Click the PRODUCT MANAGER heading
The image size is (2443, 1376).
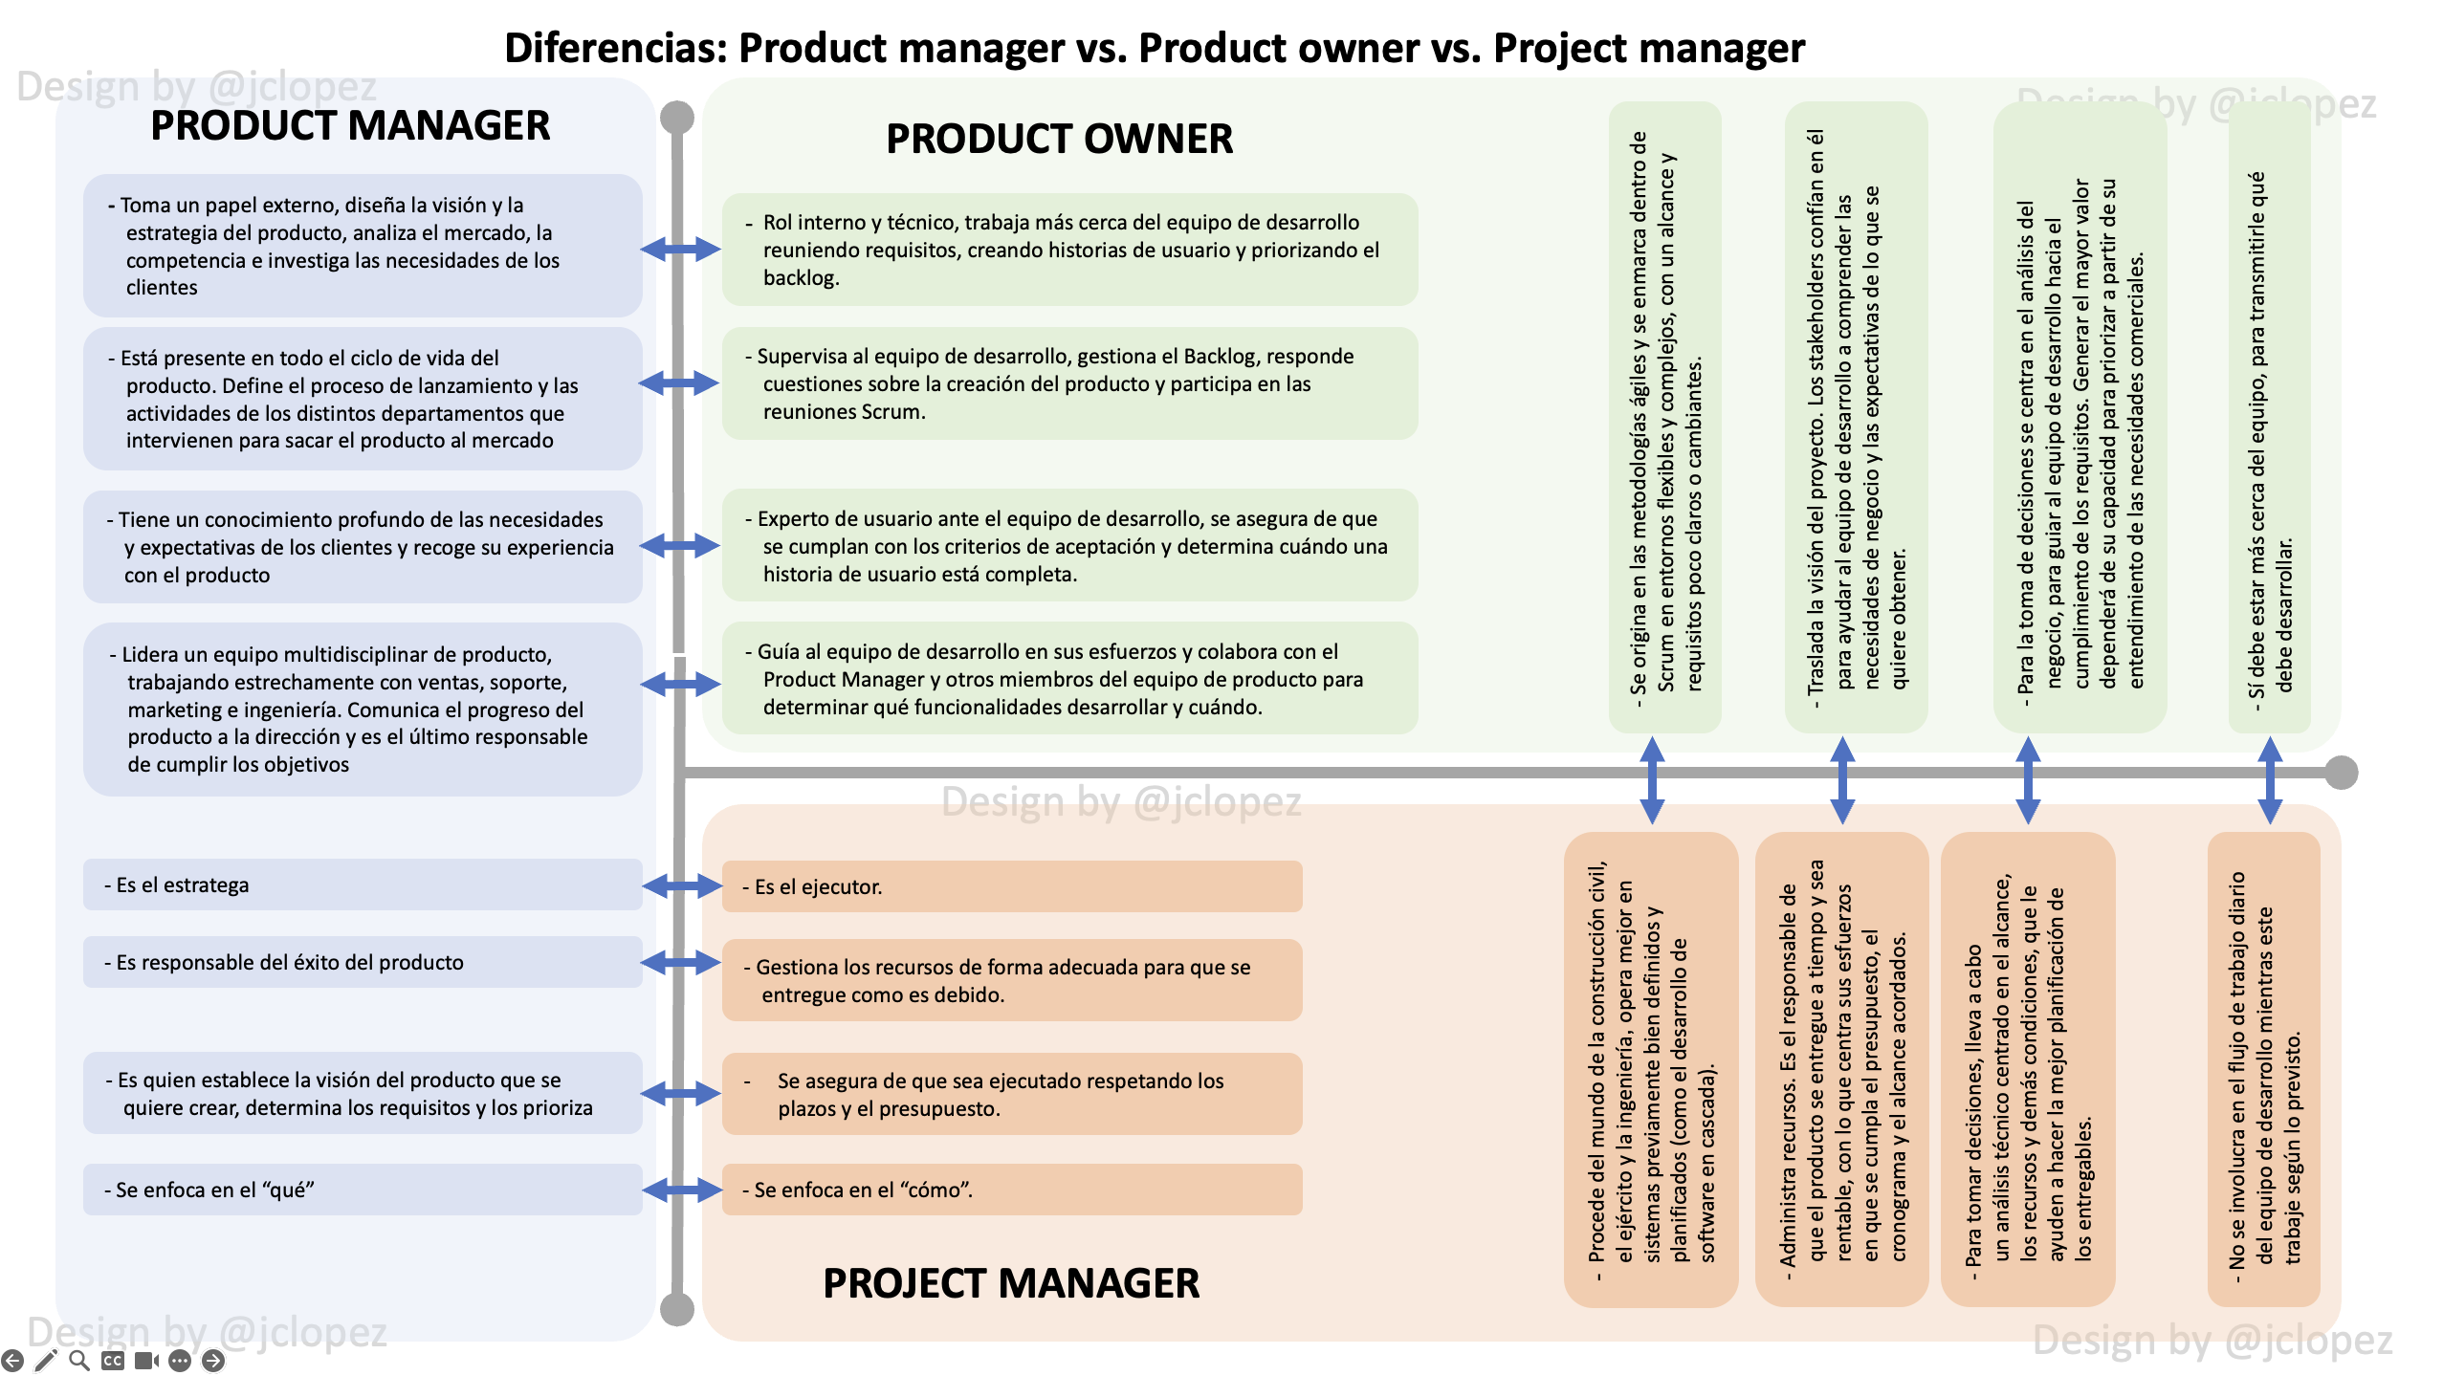350,126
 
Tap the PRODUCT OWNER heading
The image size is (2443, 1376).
1059,140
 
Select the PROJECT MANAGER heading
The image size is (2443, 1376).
1010,1283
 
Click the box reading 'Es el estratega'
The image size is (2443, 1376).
362,885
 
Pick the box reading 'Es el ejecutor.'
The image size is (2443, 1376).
1011,887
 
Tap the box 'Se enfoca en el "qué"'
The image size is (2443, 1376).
362,1190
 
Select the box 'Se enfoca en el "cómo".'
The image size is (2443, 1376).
1011,1190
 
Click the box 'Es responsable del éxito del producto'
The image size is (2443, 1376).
362,962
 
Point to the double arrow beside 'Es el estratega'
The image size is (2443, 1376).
681,886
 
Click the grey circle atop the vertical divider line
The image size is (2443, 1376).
677,118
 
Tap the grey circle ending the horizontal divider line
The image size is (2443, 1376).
2341,773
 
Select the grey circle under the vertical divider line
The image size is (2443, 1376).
677,1309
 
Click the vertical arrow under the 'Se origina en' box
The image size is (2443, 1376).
1652,780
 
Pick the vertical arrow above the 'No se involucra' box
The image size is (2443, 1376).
2270,780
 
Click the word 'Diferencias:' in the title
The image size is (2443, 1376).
616,49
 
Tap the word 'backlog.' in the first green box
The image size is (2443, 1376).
801,278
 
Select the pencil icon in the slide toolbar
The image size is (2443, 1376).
46,1360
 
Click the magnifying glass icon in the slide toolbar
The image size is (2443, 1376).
79,1360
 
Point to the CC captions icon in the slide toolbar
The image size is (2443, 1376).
113,1360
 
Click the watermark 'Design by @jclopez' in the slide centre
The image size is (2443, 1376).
1121,802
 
